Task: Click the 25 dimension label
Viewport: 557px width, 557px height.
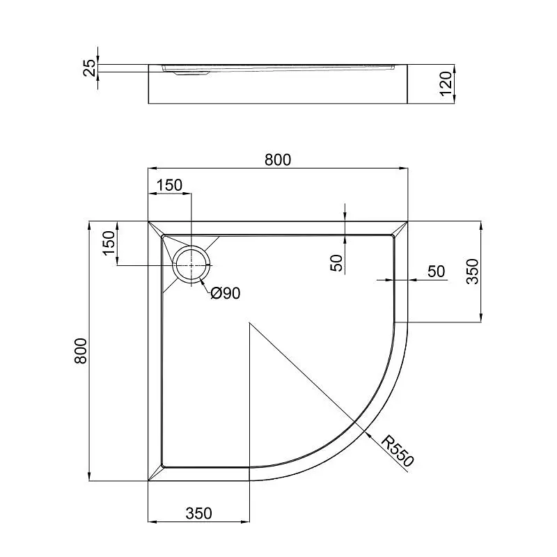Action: (91, 68)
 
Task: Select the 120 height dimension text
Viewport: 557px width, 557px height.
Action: (446, 84)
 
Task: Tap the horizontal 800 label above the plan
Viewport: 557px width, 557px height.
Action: (278, 160)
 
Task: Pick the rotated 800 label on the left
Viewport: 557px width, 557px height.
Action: (81, 351)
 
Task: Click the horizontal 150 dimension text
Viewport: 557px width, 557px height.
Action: (169, 185)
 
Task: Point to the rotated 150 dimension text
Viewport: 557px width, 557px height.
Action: (109, 243)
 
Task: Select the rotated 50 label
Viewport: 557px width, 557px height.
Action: (336, 263)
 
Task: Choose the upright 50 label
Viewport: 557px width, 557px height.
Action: (437, 272)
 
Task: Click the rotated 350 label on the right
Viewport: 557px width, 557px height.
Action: (473, 272)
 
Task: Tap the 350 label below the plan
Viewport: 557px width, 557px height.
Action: (198, 513)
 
